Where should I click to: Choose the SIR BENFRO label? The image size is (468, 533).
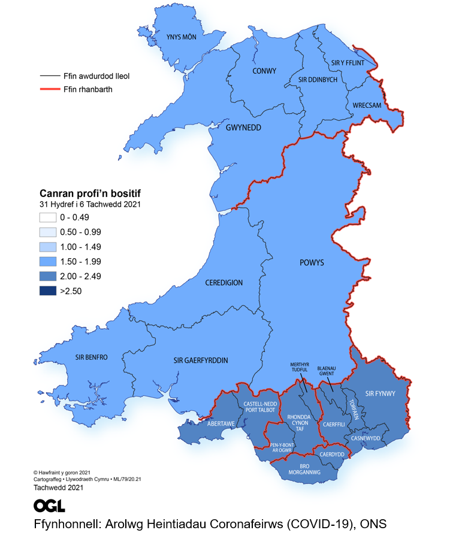(x=91, y=358)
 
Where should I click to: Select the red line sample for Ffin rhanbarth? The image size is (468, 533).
(x=49, y=90)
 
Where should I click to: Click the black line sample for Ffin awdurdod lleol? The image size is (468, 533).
(x=49, y=77)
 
